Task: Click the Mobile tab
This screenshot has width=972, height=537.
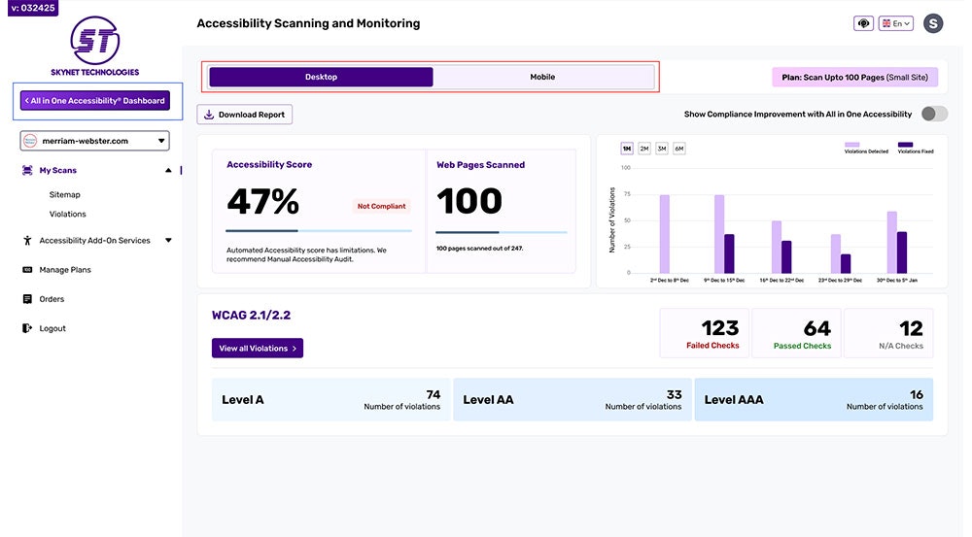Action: point(542,77)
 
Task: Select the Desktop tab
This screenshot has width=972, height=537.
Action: point(321,77)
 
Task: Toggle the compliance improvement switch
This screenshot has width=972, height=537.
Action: point(933,114)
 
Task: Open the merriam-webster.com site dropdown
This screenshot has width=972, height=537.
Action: point(95,141)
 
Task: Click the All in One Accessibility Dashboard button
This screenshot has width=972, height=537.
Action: point(95,100)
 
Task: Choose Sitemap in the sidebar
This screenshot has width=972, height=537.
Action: point(65,194)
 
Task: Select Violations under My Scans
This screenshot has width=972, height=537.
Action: point(68,214)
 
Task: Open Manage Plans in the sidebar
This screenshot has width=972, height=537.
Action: point(65,270)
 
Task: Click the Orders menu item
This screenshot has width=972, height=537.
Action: point(52,299)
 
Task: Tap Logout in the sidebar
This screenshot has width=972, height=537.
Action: point(52,328)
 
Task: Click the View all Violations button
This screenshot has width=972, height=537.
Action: point(258,348)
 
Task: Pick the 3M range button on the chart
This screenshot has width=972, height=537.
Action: point(661,149)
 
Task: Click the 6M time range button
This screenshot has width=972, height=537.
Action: point(678,149)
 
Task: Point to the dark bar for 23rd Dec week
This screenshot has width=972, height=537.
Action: point(846,263)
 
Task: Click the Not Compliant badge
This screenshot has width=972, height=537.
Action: point(382,206)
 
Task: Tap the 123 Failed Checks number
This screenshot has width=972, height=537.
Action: point(720,328)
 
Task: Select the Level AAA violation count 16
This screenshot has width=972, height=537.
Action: point(917,394)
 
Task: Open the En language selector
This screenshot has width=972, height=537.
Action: point(895,23)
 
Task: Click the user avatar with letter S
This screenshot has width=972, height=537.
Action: point(933,23)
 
